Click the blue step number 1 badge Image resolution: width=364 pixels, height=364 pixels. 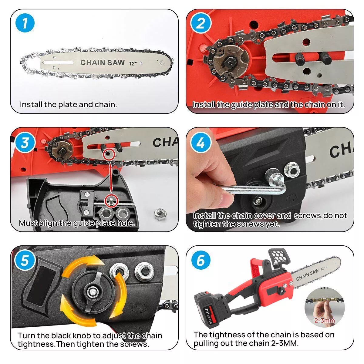point(25,23)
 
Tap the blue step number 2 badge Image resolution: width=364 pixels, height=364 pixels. point(201,23)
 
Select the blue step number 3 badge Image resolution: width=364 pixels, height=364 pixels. point(25,143)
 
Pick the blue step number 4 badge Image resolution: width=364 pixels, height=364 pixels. point(201,143)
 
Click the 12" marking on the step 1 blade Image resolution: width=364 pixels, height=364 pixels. point(133,63)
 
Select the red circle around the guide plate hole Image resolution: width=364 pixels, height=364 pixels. point(109,154)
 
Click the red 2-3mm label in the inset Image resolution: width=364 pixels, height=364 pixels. point(324,321)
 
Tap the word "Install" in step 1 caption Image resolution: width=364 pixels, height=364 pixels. point(31,104)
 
